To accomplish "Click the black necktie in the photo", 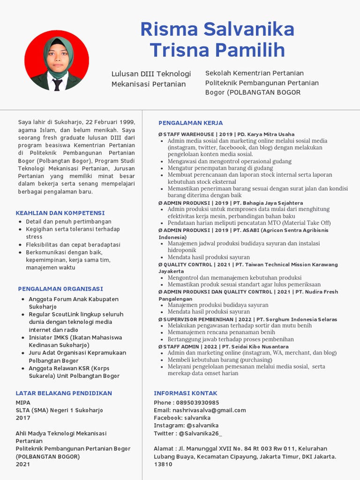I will [x=57, y=84].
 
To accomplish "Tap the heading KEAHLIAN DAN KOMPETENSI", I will [x=60, y=213].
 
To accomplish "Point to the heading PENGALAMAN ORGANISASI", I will [x=60, y=289].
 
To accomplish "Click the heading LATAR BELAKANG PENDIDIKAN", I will [x=64, y=393].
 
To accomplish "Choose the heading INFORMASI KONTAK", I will [x=186, y=393].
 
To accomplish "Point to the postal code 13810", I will [x=163, y=464].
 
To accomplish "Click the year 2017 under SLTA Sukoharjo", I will [x=23, y=418].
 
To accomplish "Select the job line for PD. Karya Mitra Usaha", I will [x=226, y=134].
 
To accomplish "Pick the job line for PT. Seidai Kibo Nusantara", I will [x=223, y=346].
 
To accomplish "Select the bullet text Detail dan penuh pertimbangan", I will [x=68, y=221].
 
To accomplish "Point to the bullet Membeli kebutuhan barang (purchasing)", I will [x=219, y=360].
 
